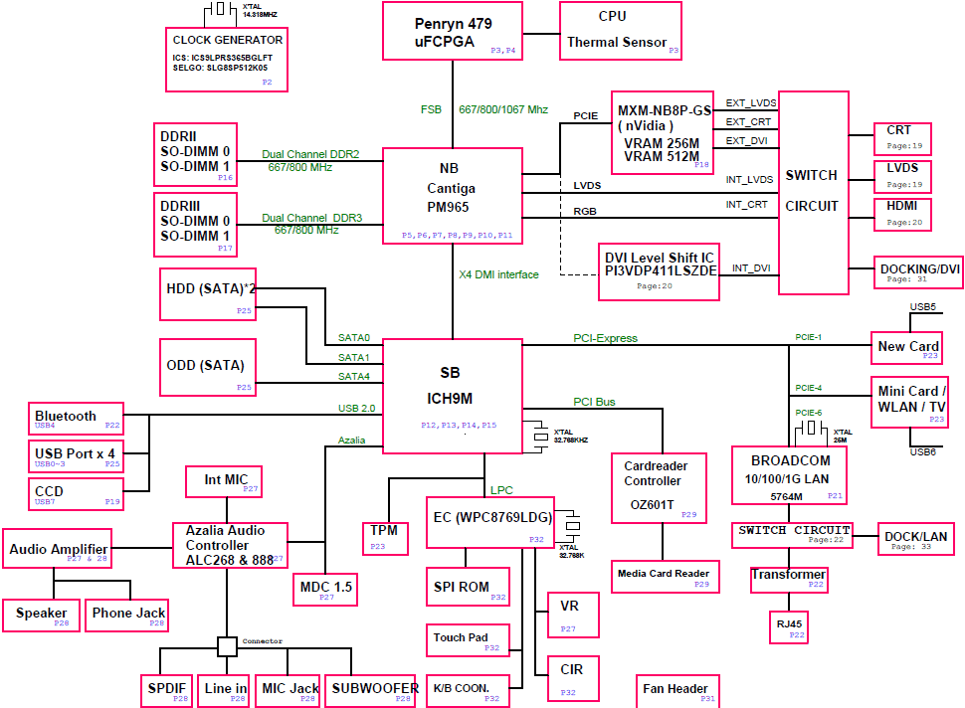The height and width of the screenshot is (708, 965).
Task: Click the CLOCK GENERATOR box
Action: pos(227,60)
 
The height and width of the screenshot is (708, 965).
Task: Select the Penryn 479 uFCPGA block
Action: pos(453,31)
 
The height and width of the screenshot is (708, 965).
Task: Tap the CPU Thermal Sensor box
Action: pos(621,31)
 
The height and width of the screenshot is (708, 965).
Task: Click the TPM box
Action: pos(385,538)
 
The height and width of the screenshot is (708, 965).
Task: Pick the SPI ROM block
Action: pos(468,587)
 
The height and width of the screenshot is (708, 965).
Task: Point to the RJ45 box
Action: pos(788,626)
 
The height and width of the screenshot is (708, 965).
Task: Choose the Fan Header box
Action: pos(677,691)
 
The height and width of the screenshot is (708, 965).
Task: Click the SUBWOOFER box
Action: pos(372,691)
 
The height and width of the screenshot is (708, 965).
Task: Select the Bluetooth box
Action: pos(76,419)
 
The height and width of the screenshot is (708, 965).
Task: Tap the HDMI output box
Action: pos(902,214)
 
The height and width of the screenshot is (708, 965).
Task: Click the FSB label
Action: pos(431,109)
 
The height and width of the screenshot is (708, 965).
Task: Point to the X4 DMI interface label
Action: pos(498,274)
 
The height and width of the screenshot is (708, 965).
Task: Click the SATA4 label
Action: pos(354,377)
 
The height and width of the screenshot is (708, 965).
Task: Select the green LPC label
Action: pos(501,490)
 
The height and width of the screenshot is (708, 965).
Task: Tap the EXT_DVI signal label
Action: pos(746,141)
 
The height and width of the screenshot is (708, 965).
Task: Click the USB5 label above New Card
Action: pos(922,307)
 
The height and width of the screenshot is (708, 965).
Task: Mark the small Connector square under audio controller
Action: pos(227,646)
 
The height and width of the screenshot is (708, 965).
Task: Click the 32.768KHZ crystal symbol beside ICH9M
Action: pos(540,437)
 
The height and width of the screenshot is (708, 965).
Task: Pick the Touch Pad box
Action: pos(468,640)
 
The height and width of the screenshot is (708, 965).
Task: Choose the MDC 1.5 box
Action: pos(325,590)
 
